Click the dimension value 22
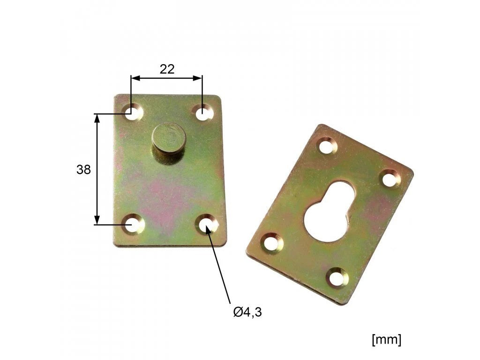[167, 69]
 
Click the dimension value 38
[83, 169]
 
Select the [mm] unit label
[386, 339]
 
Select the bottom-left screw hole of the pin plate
[134, 225]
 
